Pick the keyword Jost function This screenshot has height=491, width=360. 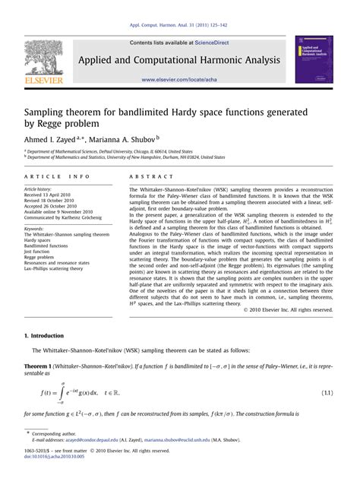[39, 252]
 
